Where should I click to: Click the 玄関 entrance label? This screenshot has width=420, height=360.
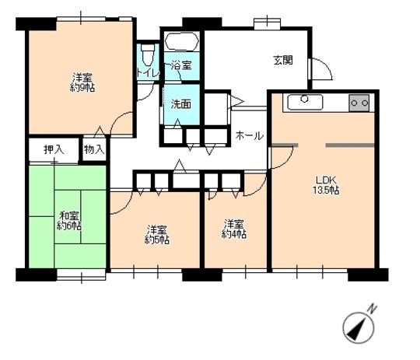(x=282, y=61)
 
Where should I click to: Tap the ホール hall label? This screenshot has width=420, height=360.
(x=249, y=135)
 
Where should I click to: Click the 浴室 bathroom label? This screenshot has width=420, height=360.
(x=181, y=68)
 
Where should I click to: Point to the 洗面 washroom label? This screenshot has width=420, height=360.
(x=181, y=103)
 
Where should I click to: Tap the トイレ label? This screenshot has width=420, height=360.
(x=148, y=72)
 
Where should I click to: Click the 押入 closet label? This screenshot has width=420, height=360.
(x=53, y=149)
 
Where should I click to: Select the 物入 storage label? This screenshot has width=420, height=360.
(x=93, y=149)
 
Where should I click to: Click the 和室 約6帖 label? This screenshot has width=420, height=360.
(x=68, y=221)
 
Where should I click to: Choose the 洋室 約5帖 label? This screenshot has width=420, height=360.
(x=157, y=234)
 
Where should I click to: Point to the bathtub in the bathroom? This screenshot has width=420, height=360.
(x=181, y=42)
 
